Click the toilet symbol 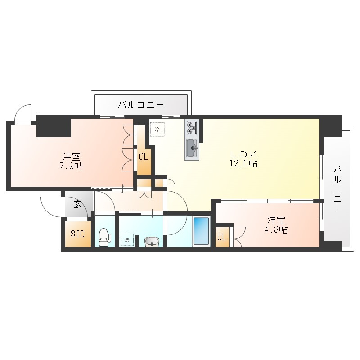coord(105,237)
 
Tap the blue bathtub coord(201,231)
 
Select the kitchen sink coord(192,148)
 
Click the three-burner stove coord(192,128)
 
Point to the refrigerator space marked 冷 coord(157,130)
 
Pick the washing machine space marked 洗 coord(127,240)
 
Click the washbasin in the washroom coord(152,242)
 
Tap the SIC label coord(77,234)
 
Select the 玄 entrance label coord(77,204)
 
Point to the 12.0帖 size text coord(243,163)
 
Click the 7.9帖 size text coord(71,166)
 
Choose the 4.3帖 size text coord(276,229)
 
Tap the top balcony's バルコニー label coord(141,105)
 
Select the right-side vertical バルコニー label coord(337,189)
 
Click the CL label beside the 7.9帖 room coord(144,157)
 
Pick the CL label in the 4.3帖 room coord(222,237)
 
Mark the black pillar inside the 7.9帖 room coord(54,128)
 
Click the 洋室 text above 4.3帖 coord(276,220)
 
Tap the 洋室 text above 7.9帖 coord(72,157)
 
